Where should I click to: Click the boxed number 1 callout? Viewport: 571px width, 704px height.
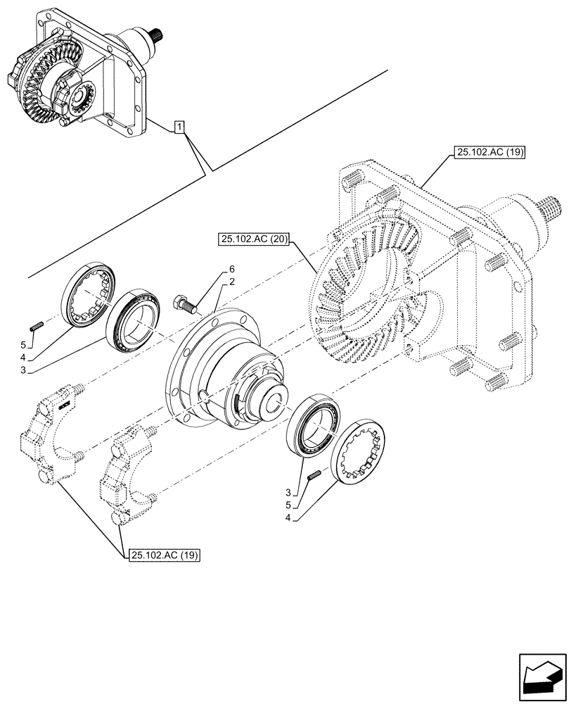181,127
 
